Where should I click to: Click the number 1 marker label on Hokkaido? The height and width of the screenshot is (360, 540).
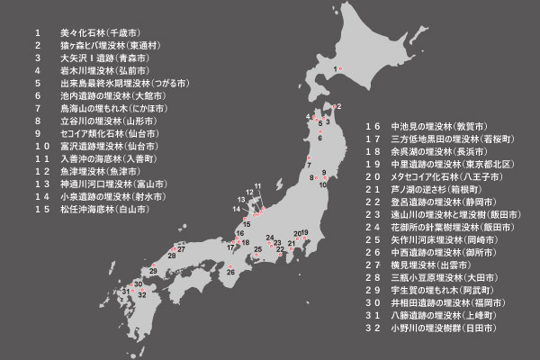click(x=337, y=68)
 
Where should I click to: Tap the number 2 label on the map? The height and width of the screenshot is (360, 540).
click(x=337, y=106)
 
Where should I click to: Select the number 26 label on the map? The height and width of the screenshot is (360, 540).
click(x=231, y=271)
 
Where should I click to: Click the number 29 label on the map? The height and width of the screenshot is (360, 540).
click(x=154, y=270)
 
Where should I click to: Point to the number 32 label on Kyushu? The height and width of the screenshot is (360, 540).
click(x=141, y=294)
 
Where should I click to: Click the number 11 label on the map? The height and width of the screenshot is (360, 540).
click(x=257, y=186)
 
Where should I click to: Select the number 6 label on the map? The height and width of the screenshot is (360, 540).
click(x=319, y=138)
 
